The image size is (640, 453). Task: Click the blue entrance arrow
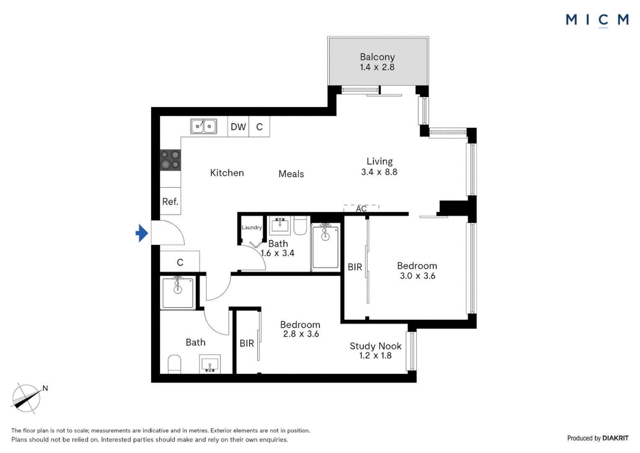(x=142, y=233)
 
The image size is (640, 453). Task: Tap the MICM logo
(x=597, y=20)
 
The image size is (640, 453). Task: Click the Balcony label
(x=377, y=57)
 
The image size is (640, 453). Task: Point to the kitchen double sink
(x=204, y=126)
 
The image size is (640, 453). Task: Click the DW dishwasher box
(x=238, y=127)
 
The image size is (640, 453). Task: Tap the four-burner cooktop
(x=170, y=160)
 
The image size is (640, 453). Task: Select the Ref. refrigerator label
(x=170, y=202)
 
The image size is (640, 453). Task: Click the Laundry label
(x=252, y=227)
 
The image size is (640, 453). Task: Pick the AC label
(x=361, y=208)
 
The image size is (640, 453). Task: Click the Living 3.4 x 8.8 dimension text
(x=379, y=172)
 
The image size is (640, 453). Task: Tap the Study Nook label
(x=375, y=346)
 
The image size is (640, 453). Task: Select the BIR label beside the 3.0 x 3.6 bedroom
(x=355, y=267)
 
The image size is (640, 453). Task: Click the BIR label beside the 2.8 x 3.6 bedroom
(x=247, y=344)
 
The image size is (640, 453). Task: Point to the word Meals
(x=291, y=174)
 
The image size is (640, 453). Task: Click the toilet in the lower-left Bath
(x=174, y=364)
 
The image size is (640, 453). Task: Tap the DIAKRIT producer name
(x=615, y=438)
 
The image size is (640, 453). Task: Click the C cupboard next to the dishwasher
(x=259, y=127)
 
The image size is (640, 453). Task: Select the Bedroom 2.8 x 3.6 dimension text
(x=301, y=334)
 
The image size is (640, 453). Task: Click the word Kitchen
(x=227, y=173)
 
